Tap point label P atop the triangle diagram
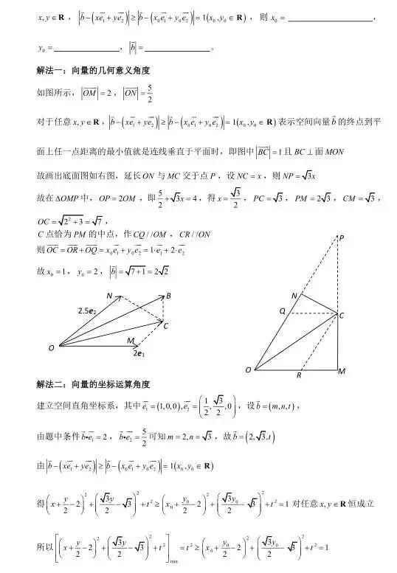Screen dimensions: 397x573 pos(341,237)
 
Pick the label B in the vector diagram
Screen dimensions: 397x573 pos(168,296)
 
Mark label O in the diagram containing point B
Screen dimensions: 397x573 pos(51,347)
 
